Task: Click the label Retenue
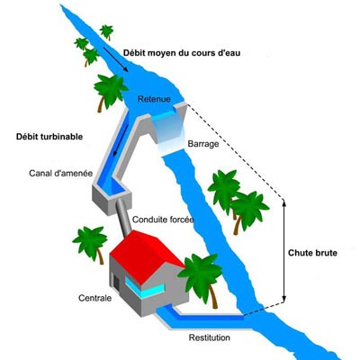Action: coord(154,99)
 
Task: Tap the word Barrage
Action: coord(203,144)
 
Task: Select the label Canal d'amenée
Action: coord(61,173)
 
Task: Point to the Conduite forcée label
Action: coord(163,220)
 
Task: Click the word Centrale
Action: coord(94,298)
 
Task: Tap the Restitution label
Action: coord(210,337)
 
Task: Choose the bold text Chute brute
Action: coord(312,253)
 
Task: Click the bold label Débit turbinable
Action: coord(49,137)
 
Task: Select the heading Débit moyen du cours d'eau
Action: coord(182,53)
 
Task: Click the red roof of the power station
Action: coord(146,255)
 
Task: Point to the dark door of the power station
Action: coord(116,284)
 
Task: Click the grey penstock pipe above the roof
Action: coord(122,216)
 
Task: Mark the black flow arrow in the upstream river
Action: coord(115,59)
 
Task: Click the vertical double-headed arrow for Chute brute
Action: coord(283,250)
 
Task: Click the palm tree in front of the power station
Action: coord(200,277)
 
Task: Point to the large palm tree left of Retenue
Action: coord(110,90)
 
